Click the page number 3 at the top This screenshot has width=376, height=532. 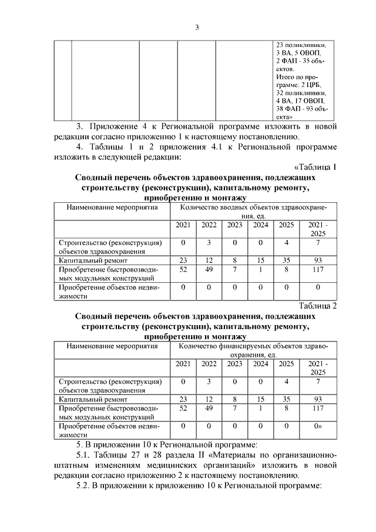198,27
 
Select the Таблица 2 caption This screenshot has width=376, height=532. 318,305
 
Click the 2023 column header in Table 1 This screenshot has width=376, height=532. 235,226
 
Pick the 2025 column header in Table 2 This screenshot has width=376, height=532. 286,364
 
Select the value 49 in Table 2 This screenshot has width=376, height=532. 209,407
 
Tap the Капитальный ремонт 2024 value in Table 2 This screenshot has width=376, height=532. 260,399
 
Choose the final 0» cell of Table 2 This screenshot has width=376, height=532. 318,426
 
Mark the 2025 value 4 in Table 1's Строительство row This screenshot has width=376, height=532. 286,242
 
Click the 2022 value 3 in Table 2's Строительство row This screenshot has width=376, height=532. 209,381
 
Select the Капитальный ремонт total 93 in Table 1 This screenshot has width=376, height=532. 318,259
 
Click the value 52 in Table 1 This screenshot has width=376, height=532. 183,269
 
